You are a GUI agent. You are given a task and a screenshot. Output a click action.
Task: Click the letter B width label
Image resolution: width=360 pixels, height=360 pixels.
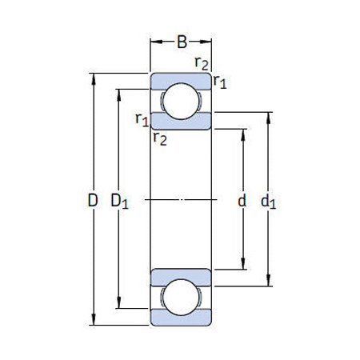[x=182, y=41]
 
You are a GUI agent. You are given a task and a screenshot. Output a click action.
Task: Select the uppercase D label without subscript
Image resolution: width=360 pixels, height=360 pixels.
[x=93, y=202]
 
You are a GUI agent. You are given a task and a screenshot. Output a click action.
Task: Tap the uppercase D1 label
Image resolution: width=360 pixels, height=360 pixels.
[x=120, y=202]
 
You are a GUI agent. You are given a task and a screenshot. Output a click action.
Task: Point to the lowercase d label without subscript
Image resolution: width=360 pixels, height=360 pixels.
[x=242, y=202]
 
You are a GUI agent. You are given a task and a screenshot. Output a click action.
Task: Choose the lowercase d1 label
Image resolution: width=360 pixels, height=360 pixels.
[x=269, y=202]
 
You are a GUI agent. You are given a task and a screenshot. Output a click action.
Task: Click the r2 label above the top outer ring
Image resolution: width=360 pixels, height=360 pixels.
[x=202, y=62]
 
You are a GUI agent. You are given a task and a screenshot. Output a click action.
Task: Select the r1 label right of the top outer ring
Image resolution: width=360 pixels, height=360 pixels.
[x=219, y=82]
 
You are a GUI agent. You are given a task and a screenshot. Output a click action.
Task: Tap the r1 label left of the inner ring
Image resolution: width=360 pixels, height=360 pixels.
[x=142, y=120]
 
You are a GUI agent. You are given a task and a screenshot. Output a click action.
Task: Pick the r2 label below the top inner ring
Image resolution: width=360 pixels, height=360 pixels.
[x=160, y=138]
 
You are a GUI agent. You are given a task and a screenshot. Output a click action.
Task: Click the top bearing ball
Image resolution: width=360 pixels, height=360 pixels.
[x=182, y=101]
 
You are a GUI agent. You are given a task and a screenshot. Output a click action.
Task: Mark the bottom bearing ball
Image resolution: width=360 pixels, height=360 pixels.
[x=182, y=298]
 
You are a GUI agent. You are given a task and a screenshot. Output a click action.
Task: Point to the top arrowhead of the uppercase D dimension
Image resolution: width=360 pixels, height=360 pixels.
[x=94, y=78]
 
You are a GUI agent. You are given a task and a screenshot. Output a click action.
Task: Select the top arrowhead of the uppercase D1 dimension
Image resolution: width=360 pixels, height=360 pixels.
[x=120, y=92]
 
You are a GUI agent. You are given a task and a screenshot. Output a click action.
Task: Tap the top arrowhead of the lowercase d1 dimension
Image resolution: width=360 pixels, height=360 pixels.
[x=268, y=116]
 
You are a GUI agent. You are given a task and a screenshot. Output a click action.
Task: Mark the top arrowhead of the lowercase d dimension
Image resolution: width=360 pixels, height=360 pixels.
[x=242, y=130]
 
